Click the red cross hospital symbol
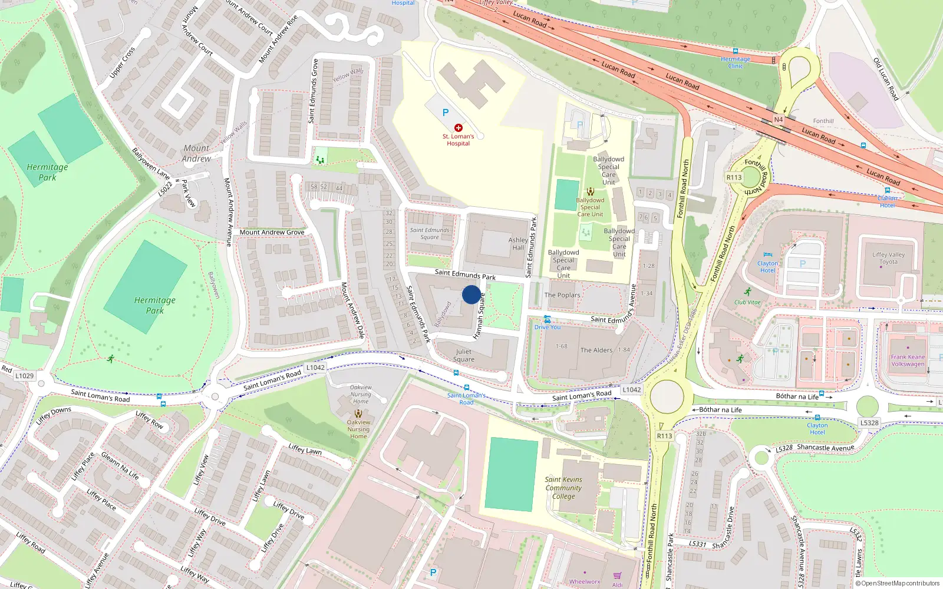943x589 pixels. click(458, 128)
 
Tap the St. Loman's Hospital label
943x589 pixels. click(458, 140)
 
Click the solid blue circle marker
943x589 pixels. click(471, 294)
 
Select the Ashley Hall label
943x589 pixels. click(518, 244)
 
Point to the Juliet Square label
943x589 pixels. click(463, 355)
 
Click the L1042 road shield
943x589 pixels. click(315, 368)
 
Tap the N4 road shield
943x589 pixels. click(778, 120)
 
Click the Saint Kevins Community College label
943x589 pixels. click(563, 488)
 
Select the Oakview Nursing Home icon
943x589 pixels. click(358, 413)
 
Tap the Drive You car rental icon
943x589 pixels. click(547, 319)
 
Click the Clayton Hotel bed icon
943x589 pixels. click(767, 255)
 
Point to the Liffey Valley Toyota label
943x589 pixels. click(888, 258)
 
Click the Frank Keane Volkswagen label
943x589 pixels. click(908, 360)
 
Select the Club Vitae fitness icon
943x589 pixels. click(747, 292)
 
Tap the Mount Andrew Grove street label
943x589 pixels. click(272, 232)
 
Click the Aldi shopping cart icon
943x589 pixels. click(617, 575)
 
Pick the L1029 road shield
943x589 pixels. click(25, 376)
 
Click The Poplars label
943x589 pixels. click(562, 295)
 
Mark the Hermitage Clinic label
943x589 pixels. click(736, 62)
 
